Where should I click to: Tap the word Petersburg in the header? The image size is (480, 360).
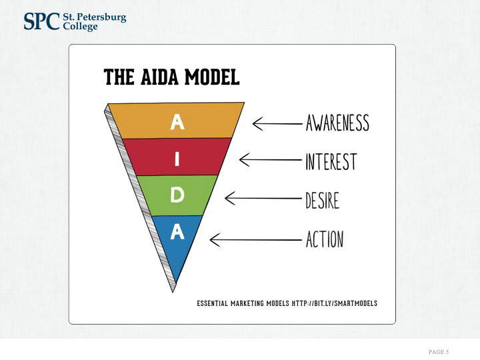coord(99,17)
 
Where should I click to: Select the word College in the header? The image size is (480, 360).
coord(79,27)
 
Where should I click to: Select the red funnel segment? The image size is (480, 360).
coord(200,157)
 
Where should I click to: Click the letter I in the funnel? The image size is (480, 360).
coord(177,159)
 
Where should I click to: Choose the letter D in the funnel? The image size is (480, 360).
coord(177,195)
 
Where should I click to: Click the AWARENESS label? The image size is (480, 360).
coord(337,123)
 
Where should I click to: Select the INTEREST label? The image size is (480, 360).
coord(331,161)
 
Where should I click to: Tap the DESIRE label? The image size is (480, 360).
coord(322,199)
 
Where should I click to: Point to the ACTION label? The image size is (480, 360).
coord(325,239)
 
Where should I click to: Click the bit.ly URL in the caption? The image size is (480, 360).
coord(335,303)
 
